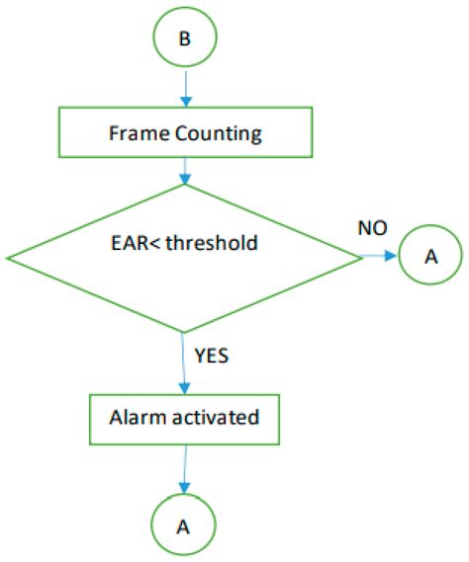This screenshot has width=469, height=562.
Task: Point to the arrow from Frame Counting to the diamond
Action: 184,170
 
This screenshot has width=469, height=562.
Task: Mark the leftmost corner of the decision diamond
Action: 8,259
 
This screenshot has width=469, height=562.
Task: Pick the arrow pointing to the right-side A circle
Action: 380,257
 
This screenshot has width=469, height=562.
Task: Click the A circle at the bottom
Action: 184,525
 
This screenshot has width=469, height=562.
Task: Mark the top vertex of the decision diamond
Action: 184,185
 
